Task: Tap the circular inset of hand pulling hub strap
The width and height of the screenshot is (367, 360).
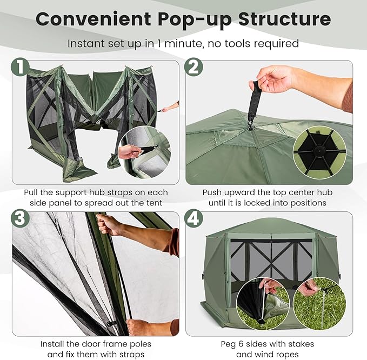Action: (x=144, y=152)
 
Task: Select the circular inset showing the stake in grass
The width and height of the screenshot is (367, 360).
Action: (x=320, y=303)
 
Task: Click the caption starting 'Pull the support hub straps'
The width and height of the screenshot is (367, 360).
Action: (x=96, y=198)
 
